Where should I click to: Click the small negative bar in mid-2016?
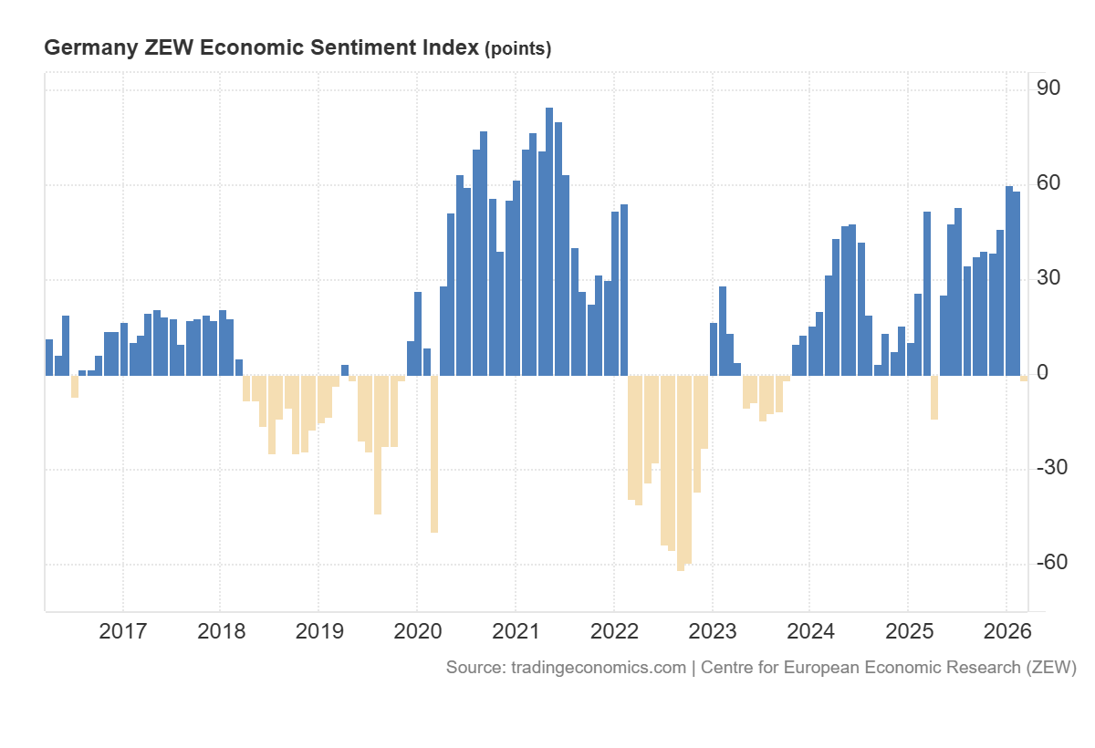(75, 386)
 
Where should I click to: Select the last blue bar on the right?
(1017, 283)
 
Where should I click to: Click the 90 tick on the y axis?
(1048, 88)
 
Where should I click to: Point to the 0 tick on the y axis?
(1042, 373)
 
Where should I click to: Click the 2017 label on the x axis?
(122, 631)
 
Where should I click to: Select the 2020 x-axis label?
(417, 631)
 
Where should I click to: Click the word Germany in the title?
(91, 48)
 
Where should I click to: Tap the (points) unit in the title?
(517, 49)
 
